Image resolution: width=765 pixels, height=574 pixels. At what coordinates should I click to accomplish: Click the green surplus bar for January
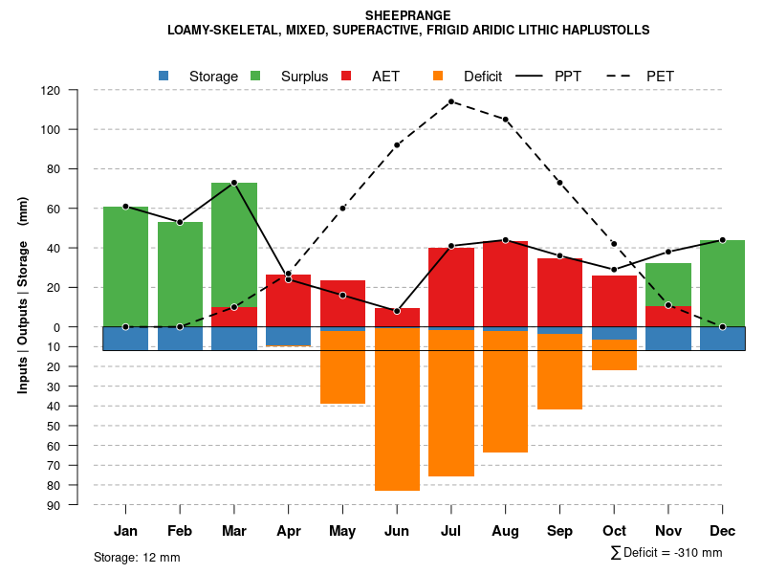pyautogui.click(x=125, y=266)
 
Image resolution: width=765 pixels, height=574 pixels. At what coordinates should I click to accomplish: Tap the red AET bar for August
pyautogui.click(x=505, y=283)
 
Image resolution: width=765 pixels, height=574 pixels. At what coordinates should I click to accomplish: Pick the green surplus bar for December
pyautogui.click(x=722, y=283)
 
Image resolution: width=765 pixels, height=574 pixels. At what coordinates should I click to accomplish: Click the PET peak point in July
pyautogui.click(x=451, y=101)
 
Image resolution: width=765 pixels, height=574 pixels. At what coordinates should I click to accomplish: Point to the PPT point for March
pyautogui.click(x=234, y=183)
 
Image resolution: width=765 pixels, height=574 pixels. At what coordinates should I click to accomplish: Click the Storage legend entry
pyautogui.click(x=200, y=77)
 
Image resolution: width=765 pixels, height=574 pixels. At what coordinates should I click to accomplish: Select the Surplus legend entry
pyautogui.click(x=292, y=77)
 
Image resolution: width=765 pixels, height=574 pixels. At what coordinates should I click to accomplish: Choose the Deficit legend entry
pyautogui.click(x=470, y=77)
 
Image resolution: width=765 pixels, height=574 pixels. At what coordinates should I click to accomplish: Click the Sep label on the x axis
pyautogui.click(x=559, y=531)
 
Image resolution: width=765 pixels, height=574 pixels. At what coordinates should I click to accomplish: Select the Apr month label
pyautogui.click(x=289, y=531)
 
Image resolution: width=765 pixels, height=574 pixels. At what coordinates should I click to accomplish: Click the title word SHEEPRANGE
pyautogui.click(x=408, y=15)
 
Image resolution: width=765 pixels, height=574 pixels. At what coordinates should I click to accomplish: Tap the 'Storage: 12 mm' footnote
pyautogui.click(x=137, y=557)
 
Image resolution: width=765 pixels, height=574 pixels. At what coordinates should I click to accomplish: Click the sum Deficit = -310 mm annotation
pyautogui.click(x=667, y=553)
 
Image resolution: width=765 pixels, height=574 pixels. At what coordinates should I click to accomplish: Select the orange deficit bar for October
pyautogui.click(x=614, y=355)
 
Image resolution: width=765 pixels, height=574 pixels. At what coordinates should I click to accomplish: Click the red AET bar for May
pyautogui.click(x=342, y=304)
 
